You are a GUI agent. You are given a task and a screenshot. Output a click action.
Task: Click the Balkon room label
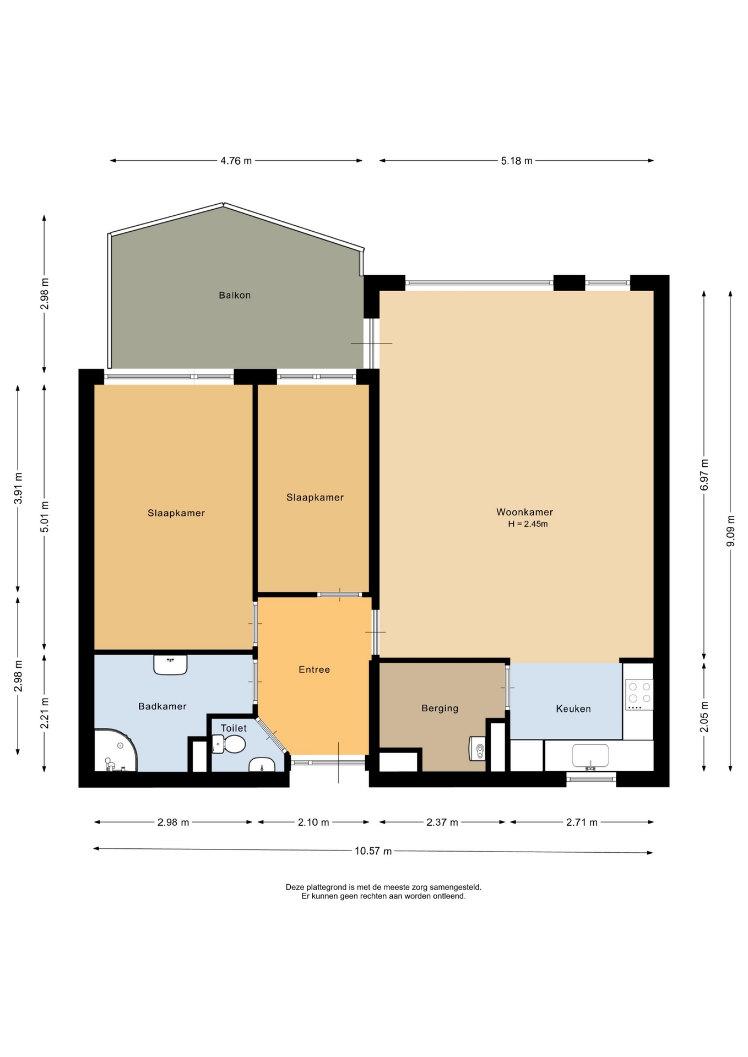(x=235, y=295)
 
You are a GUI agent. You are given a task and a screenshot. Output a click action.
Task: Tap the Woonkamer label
(x=524, y=512)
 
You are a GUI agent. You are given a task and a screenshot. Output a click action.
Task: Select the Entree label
(x=314, y=669)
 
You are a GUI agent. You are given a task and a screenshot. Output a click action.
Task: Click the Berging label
(x=440, y=709)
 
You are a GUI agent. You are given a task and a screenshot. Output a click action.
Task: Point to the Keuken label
(x=573, y=709)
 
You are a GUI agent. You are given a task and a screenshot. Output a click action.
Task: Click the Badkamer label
(x=162, y=706)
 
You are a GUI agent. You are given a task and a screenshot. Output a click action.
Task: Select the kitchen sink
(x=590, y=756)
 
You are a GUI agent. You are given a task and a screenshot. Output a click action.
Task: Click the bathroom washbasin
(x=170, y=664)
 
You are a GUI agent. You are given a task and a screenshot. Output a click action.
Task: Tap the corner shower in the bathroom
(x=115, y=750)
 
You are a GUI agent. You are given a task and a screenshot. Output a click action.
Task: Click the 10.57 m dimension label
(x=373, y=851)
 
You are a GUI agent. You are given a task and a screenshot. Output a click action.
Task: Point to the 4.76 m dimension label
(x=236, y=161)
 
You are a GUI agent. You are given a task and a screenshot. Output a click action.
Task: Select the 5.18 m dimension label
(x=517, y=161)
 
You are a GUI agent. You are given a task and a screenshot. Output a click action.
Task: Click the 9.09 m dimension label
(x=731, y=531)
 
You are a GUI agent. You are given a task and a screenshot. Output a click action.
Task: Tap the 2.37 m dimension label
(x=442, y=822)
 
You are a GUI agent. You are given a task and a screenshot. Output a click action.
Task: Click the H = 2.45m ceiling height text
(x=528, y=524)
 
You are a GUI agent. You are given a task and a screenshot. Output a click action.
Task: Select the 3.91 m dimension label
(x=18, y=488)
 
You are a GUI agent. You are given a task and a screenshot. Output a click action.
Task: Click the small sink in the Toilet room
(x=262, y=765)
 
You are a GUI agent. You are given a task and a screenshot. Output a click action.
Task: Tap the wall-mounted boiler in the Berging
(x=477, y=749)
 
